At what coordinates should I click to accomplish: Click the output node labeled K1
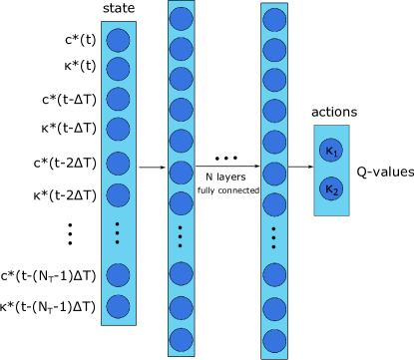(x=331, y=151)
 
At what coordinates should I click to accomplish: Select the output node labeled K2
(x=331, y=188)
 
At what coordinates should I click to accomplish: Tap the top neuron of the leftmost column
(x=118, y=41)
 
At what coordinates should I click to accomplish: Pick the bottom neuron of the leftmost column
(x=118, y=306)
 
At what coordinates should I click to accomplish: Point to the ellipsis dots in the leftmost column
(x=118, y=232)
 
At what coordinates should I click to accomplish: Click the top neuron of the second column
(x=181, y=19)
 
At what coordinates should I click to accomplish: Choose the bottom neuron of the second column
(x=181, y=339)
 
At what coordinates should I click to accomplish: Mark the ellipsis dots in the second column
(x=181, y=236)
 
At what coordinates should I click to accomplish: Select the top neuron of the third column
(x=274, y=20)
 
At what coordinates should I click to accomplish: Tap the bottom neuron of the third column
(x=274, y=341)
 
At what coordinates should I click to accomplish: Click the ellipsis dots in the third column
(x=274, y=237)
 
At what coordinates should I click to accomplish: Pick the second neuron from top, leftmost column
(x=118, y=69)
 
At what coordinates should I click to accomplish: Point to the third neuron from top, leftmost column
(x=118, y=99)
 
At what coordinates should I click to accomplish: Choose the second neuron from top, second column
(x=181, y=49)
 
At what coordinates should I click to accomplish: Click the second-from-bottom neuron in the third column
(x=274, y=308)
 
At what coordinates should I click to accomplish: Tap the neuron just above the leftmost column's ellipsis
(x=118, y=194)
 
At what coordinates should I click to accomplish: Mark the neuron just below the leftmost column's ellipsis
(x=118, y=274)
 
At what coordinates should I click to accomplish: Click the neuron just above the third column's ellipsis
(x=274, y=205)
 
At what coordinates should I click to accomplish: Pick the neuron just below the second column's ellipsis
(x=181, y=273)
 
